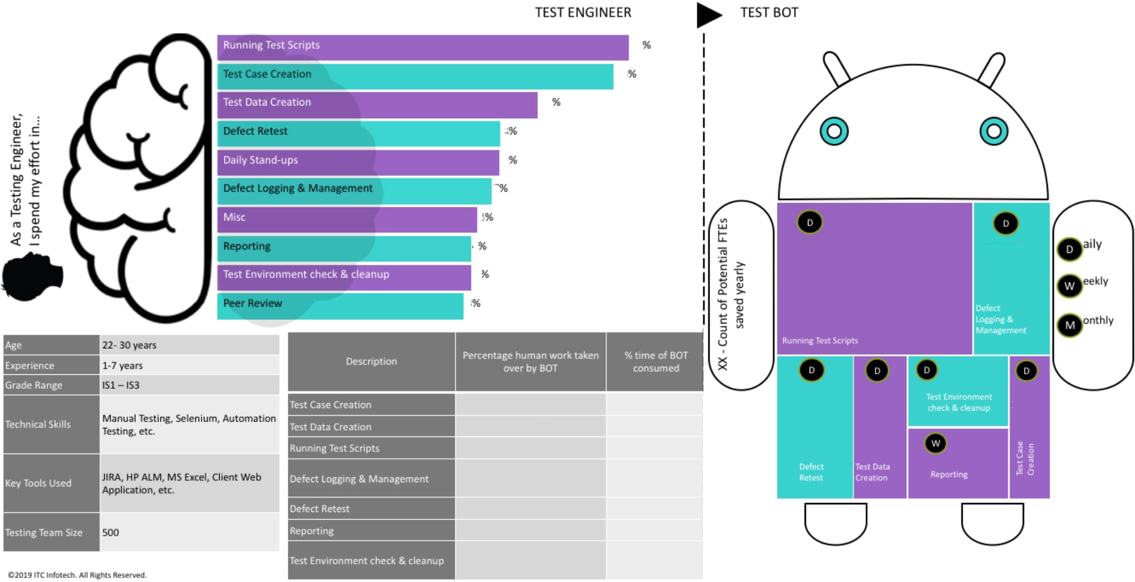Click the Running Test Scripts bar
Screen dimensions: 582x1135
click(423, 47)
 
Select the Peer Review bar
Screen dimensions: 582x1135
click(340, 306)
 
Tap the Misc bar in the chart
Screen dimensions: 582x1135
click(347, 220)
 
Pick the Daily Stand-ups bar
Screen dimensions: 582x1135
click(358, 162)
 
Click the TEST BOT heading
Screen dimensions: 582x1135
click(769, 13)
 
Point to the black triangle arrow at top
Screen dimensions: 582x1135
click(708, 15)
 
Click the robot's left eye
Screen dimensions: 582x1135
click(834, 131)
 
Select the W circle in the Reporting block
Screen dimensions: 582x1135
click(935, 443)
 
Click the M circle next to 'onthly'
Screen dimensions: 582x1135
click(1070, 325)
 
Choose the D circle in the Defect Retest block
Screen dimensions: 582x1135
click(812, 370)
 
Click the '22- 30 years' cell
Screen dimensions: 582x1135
click(189, 345)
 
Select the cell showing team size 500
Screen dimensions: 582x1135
click(189, 532)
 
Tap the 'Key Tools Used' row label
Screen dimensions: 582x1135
click(51, 483)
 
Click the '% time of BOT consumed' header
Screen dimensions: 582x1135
click(656, 362)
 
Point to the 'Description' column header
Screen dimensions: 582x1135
click(371, 362)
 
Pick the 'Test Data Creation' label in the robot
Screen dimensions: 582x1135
click(872, 472)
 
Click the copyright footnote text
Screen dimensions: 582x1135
click(77, 575)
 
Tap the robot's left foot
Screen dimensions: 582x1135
click(835, 523)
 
